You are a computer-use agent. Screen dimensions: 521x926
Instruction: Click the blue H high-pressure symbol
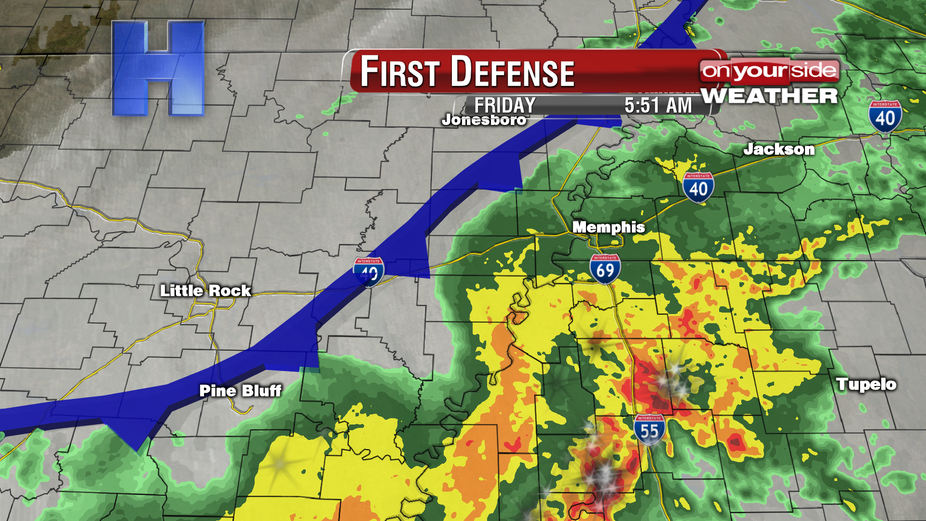coord(158,69)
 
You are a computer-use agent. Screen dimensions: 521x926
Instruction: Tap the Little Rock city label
coord(205,290)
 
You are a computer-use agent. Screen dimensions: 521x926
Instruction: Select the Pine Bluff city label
coord(240,390)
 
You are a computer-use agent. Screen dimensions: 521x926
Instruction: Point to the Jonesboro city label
coord(484,120)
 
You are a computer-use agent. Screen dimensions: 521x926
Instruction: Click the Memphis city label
coord(608,227)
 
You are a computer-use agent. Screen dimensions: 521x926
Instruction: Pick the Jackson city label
coord(779,149)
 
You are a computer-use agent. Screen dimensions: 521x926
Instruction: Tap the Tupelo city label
coord(866,384)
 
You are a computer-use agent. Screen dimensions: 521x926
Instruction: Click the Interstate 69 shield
coord(605,269)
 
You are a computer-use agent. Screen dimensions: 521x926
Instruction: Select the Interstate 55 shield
coord(649,429)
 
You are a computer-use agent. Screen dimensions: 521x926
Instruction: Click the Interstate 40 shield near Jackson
coord(698,187)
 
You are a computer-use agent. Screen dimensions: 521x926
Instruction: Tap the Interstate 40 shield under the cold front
coord(369,272)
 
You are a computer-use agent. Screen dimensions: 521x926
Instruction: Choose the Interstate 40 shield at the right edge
coord(885,116)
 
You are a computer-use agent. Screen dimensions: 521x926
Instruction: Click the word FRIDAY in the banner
coord(504,105)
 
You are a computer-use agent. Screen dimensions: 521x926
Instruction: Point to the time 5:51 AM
coord(658,105)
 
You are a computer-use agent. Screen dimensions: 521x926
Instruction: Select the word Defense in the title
coord(512,72)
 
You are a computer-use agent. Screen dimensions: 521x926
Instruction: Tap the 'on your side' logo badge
coord(769,71)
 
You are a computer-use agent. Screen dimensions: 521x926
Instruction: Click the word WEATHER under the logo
coord(769,96)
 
